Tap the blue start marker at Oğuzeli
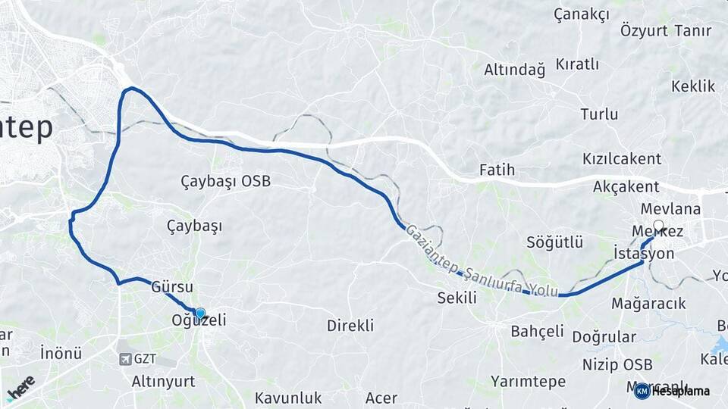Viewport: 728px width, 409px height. (x=200, y=313)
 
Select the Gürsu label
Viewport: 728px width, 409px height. (x=172, y=288)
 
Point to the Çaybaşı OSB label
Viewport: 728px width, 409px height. (x=225, y=182)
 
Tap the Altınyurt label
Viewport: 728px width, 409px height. (x=163, y=381)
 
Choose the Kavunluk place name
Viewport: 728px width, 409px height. (x=288, y=398)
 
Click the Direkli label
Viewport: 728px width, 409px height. (x=350, y=326)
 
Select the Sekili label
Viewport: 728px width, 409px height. (x=457, y=298)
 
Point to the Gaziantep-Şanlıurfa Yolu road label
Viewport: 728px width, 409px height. (x=482, y=261)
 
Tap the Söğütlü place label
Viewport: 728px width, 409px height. (x=555, y=242)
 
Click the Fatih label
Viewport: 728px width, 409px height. (x=497, y=170)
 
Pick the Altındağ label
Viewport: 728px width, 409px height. (x=515, y=70)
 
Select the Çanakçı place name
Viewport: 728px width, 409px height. (x=582, y=14)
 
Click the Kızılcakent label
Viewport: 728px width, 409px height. (x=622, y=159)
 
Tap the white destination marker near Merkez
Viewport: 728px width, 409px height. (x=658, y=226)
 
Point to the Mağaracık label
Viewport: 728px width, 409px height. (x=648, y=304)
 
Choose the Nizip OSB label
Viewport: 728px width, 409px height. (x=617, y=364)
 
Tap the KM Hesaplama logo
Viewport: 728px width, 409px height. (x=673, y=391)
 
